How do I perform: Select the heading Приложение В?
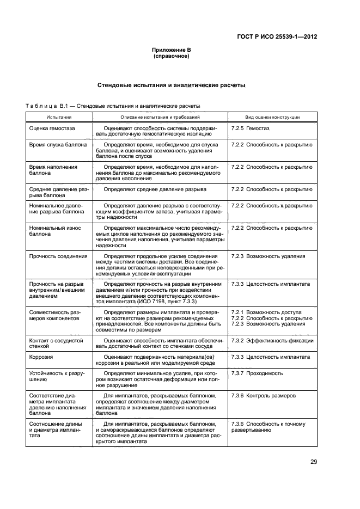(x=171, y=50)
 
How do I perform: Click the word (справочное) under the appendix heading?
(x=171, y=56)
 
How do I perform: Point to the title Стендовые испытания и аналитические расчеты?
(x=171, y=85)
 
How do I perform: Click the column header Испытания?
(x=59, y=117)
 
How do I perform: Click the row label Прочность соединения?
(x=58, y=256)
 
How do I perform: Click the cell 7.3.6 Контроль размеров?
(x=264, y=396)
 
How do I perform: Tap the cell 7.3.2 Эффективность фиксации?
(x=272, y=340)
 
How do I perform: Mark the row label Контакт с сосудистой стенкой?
(x=56, y=343)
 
